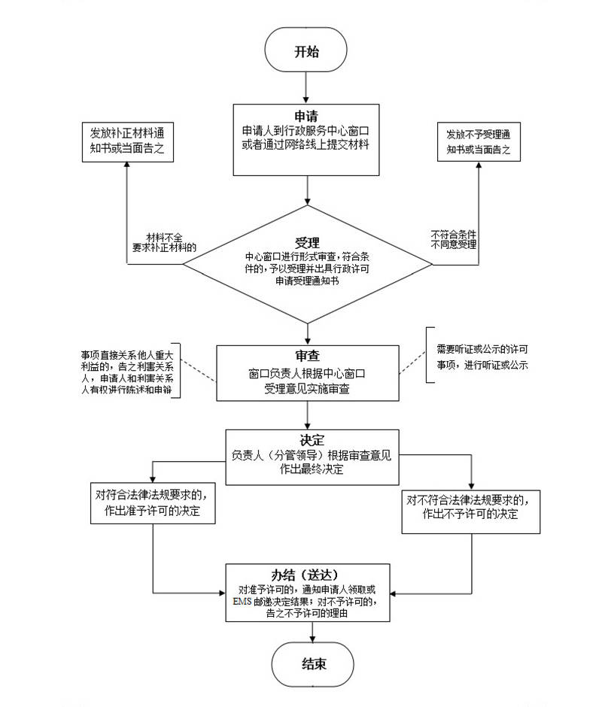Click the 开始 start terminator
coord(306,52)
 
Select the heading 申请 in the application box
coord(306,117)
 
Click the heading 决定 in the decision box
coord(311,440)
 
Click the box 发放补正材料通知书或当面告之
coord(126,141)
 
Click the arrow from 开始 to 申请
coord(306,90)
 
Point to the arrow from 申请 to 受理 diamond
coord(308,191)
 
